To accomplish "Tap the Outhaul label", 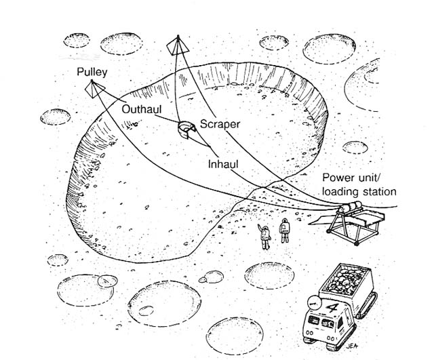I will pyautogui.click(x=140, y=108).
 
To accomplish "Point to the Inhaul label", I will pyautogui.click(x=224, y=164).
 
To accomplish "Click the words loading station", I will pyautogui.click(x=359, y=191).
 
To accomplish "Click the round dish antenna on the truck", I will pyautogui.click(x=313, y=302).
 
